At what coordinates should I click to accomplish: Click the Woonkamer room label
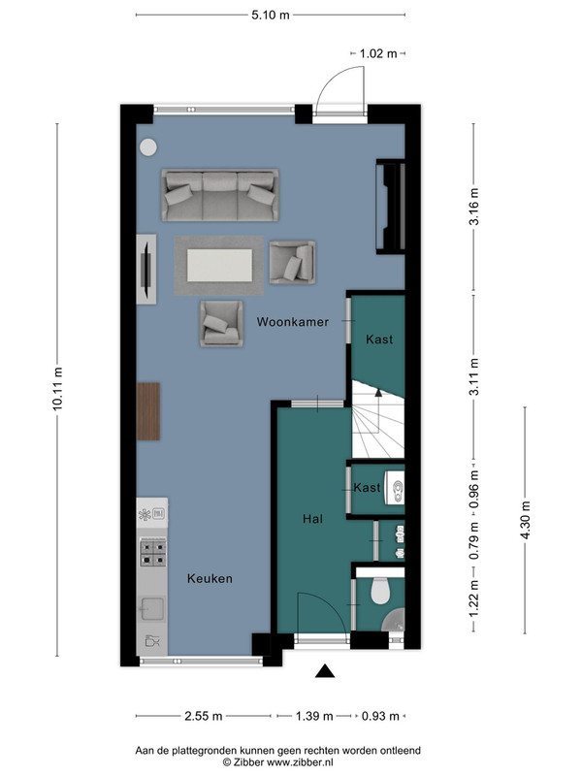293,322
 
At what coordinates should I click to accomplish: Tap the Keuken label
210,578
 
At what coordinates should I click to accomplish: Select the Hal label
312,519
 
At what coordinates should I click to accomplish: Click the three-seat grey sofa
220,195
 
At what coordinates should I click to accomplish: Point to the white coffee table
220,265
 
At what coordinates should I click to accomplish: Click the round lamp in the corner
148,147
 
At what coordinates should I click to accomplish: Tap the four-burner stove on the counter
153,553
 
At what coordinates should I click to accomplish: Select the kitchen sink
152,609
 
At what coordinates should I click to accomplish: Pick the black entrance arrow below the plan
325,670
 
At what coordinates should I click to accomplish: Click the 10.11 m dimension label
57,389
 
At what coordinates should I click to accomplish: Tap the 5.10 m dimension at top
271,15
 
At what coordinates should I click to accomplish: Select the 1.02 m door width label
378,53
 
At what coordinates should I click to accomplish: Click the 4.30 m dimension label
526,520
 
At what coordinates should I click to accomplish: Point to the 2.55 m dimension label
204,716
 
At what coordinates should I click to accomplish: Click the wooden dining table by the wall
148,411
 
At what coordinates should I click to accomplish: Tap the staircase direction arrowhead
378,393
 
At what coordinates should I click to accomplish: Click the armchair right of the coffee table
293,262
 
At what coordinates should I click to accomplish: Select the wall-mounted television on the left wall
147,270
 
